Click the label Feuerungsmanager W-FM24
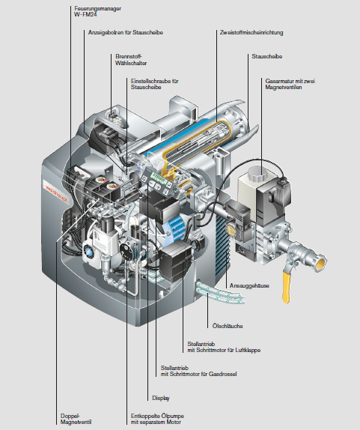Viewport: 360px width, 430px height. click(x=97, y=11)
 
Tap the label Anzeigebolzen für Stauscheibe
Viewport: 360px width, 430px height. click(x=126, y=32)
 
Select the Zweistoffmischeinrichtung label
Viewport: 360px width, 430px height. click(x=251, y=32)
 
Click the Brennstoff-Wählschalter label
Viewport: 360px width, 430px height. click(x=131, y=60)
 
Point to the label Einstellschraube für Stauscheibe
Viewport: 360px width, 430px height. click(x=154, y=84)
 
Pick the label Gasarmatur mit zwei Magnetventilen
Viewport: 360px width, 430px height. click(x=290, y=84)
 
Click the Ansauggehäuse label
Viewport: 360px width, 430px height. click(x=249, y=285)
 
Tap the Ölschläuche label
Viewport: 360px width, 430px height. click(x=228, y=326)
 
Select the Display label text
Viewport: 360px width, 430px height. click(x=161, y=398)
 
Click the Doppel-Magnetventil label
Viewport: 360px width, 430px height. click(x=76, y=419)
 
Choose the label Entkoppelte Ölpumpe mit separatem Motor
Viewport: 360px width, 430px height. click(x=157, y=419)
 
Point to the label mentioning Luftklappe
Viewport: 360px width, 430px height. click(x=224, y=347)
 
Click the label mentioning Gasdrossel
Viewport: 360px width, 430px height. click(x=198, y=371)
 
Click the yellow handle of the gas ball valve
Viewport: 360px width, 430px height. click(x=287, y=285)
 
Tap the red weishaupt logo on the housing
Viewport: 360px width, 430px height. click(x=56, y=194)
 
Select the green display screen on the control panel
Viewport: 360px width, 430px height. click(x=159, y=178)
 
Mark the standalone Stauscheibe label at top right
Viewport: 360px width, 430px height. click(x=267, y=56)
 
